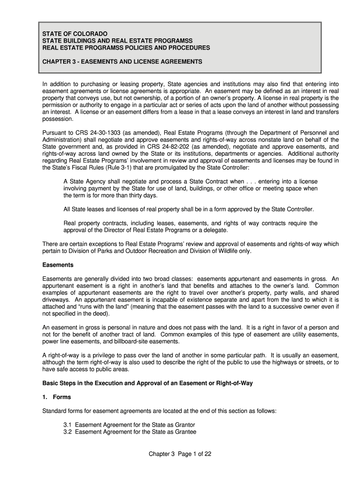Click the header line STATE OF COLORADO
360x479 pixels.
point(75,34)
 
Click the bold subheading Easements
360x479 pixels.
point(58,265)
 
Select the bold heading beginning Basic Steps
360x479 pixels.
point(147,383)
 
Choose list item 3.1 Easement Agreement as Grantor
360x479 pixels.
point(130,425)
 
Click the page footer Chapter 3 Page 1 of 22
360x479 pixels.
point(180,454)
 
